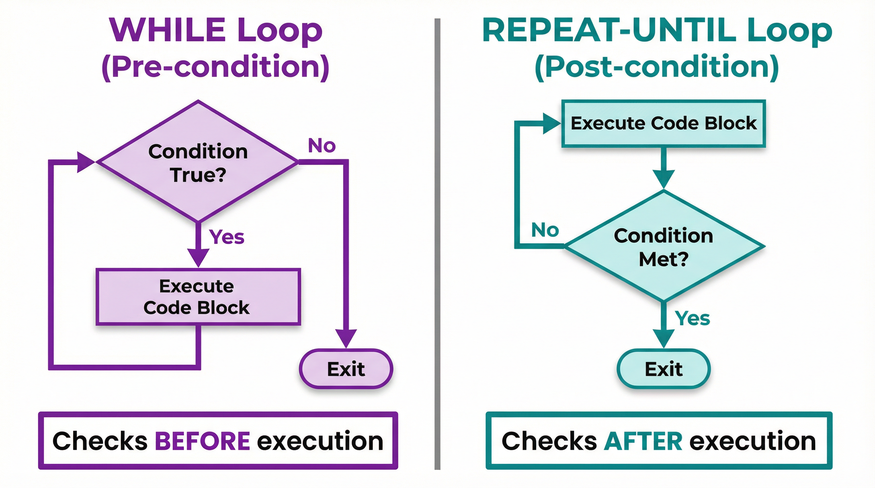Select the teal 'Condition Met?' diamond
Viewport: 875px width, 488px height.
pyautogui.click(x=663, y=247)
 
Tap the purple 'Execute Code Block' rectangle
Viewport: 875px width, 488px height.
pyautogui.click(x=198, y=297)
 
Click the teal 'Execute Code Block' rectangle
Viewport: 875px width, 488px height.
pyautogui.click(x=663, y=123)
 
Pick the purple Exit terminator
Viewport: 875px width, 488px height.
pyautogui.click(x=346, y=369)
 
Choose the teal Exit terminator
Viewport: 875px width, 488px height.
pyautogui.click(x=663, y=369)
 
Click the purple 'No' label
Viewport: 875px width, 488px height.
pyautogui.click(x=322, y=146)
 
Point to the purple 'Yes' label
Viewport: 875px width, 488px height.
pyautogui.click(x=227, y=237)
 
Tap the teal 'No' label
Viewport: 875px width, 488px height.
pyautogui.click(x=545, y=230)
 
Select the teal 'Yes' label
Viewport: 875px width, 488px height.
pyautogui.click(x=692, y=318)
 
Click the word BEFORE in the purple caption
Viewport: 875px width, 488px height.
pyautogui.click(x=203, y=441)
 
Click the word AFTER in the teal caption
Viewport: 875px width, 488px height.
pyautogui.click(x=643, y=441)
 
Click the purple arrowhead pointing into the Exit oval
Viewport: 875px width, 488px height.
pyautogui.click(x=346, y=338)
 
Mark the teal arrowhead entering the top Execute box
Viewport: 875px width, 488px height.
pyautogui.click(x=551, y=124)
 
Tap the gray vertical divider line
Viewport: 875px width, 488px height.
pyautogui.click(x=437, y=244)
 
